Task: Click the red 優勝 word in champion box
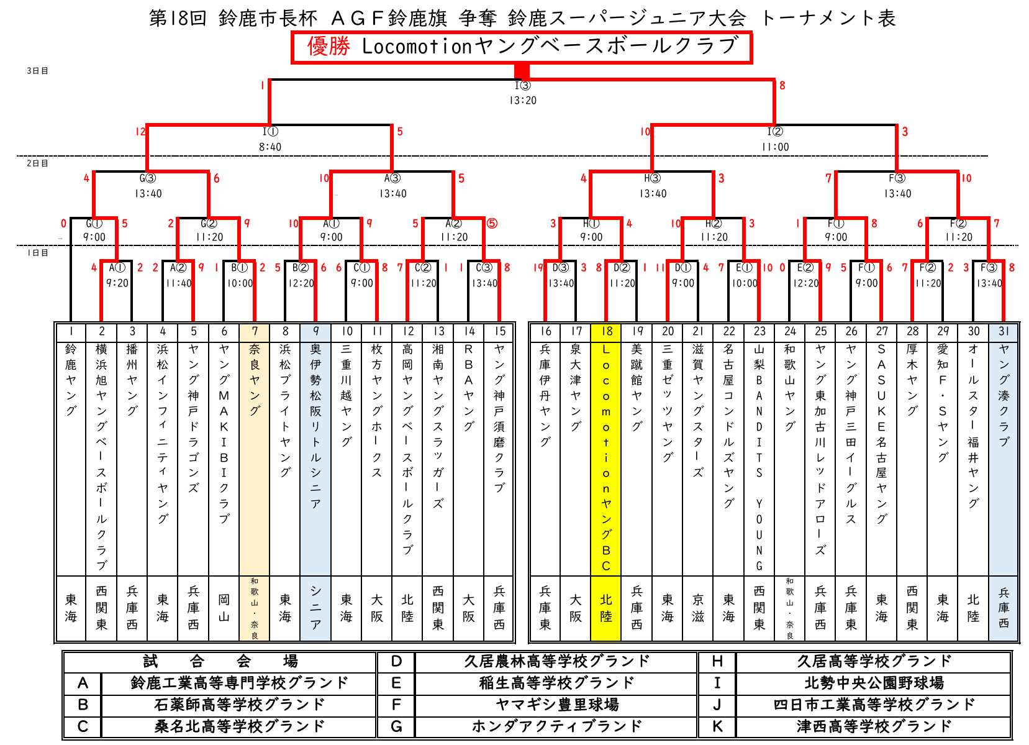[329, 47]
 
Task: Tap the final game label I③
[522, 86]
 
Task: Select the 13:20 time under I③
[522, 100]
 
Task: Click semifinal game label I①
[270, 132]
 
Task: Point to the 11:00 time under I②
[775, 147]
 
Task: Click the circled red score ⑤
[492, 224]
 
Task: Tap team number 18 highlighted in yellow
[606, 332]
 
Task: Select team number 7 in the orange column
[255, 332]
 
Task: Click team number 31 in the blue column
[1004, 332]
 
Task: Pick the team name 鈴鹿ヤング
[71, 380]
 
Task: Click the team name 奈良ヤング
[255, 380]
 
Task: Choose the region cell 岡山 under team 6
[224, 608]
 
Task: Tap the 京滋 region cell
[698, 608]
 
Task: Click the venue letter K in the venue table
[717, 726]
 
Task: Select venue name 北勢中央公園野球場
[874, 683]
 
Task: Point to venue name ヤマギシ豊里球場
[556, 705]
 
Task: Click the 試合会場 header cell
[220, 661]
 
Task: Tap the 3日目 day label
[37, 71]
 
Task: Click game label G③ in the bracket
[148, 178]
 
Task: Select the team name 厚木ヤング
[912, 380]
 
